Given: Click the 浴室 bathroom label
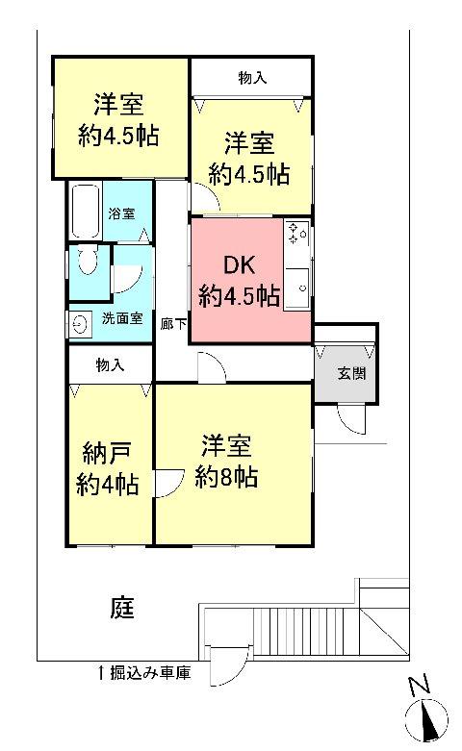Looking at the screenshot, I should [x=120, y=213].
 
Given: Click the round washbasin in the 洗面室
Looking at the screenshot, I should [x=80, y=325].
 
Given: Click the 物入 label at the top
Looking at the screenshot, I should [x=251, y=78].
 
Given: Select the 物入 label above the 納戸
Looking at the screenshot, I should [x=110, y=364].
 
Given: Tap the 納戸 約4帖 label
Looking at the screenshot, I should [x=108, y=469].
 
